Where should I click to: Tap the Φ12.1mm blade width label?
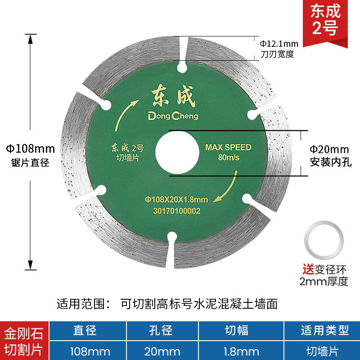(x=279, y=44)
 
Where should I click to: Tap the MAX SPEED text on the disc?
(x=228, y=147)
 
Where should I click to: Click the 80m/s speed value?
(x=228, y=157)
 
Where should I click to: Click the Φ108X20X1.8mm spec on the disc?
(x=176, y=199)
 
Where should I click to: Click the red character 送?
(x=307, y=271)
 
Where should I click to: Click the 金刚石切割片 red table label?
(x=24, y=341)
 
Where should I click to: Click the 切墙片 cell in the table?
(x=325, y=350)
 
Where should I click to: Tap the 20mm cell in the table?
(x=161, y=350)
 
